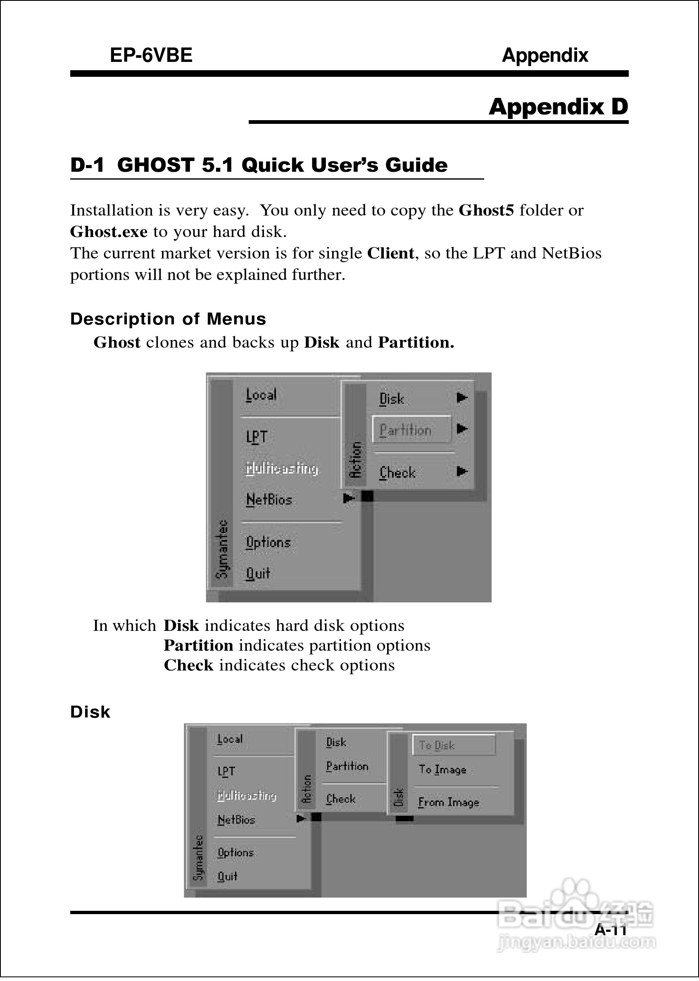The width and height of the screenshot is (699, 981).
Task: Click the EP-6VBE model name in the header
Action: [x=151, y=55]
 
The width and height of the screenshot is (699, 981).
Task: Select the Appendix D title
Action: [x=558, y=107]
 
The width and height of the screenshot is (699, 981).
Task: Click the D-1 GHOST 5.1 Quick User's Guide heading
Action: [x=259, y=166]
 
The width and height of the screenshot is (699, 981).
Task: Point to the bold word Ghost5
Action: [x=486, y=210]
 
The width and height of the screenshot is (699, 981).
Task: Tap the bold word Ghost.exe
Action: [x=109, y=232]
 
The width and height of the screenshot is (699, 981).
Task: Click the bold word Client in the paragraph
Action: [x=390, y=254]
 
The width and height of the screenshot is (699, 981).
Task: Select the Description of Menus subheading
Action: [x=168, y=319]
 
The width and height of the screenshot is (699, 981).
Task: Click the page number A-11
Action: [x=610, y=930]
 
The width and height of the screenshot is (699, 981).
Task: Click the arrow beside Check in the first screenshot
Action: [x=462, y=472]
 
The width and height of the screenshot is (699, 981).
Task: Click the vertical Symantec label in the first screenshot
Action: [x=222, y=549]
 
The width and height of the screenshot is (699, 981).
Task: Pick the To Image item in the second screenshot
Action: [x=442, y=770]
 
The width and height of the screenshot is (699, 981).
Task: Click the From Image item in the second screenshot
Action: [x=449, y=802]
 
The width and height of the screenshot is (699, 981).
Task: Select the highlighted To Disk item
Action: [x=453, y=745]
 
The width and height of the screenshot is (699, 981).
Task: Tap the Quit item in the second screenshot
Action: [x=227, y=876]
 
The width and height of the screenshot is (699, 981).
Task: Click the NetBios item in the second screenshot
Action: [x=236, y=820]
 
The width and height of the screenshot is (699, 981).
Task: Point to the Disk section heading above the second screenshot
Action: [x=90, y=712]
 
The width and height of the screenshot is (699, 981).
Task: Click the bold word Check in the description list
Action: [x=188, y=665]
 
